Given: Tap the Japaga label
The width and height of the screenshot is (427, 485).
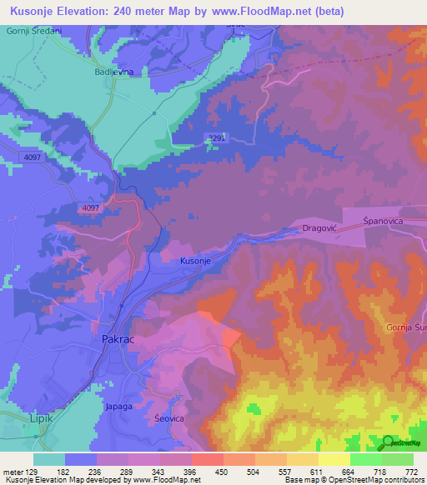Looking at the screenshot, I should (118, 407).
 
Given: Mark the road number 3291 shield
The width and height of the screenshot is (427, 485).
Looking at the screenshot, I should (215, 139).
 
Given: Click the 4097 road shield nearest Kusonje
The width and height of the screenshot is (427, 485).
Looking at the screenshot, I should (91, 207).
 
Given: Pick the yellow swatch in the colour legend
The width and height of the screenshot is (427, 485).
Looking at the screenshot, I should (334, 459).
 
